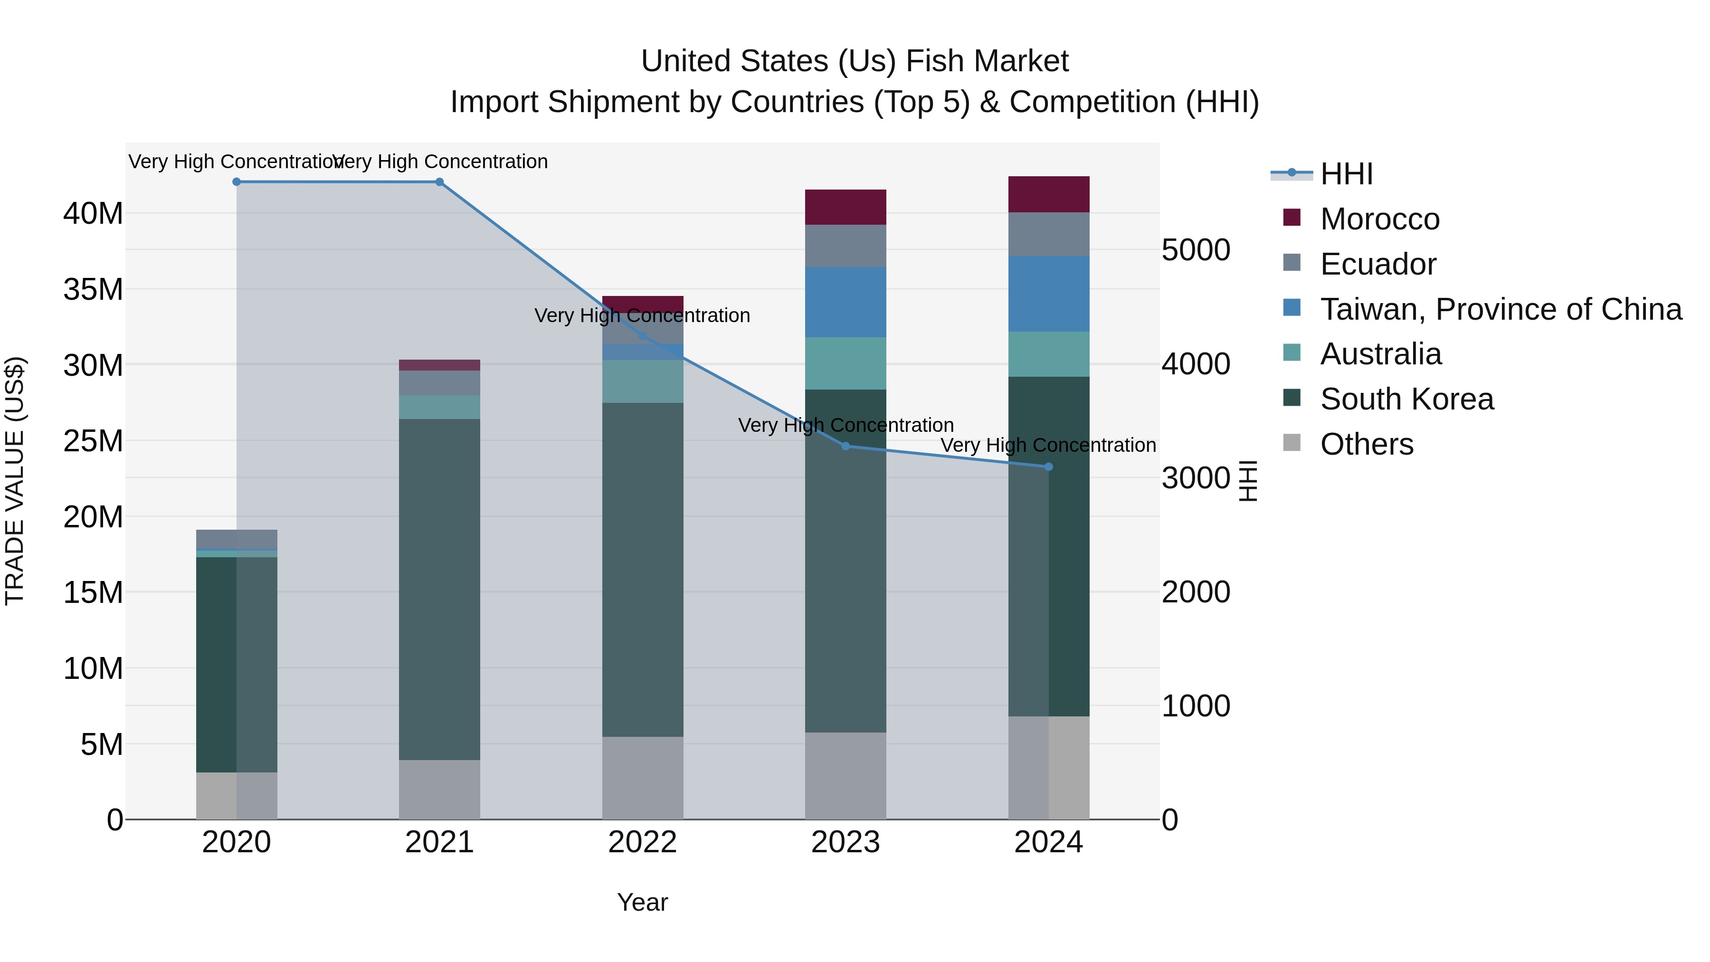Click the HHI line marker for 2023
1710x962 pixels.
pyautogui.click(x=845, y=446)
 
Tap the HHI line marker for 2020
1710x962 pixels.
pyautogui.click(x=237, y=182)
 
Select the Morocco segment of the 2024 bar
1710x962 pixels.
pyautogui.click(x=1048, y=194)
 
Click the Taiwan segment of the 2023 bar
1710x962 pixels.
pyautogui.click(x=845, y=302)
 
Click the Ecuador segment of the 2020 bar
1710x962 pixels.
pyautogui.click(x=237, y=539)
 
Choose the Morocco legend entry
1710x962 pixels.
pyautogui.click(x=1379, y=219)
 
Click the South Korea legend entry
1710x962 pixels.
pyautogui.click(x=1406, y=399)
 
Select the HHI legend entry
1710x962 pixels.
pyautogui.click(x=1346, y=174)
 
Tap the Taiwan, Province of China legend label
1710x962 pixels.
pyautogui.click(x=1500, y=309)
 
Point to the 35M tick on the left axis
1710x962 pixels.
pyautogui.click(x=93, y=289)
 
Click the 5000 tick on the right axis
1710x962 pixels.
pyautogui.click(x=1196, y=250)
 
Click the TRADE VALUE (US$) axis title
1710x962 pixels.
pyautogui.click(x=15, y=481)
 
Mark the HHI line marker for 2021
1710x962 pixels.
pyautogui.click(x=439, y=182)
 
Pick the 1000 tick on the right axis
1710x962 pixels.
pyautogui.click(x=1196, y=706)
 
